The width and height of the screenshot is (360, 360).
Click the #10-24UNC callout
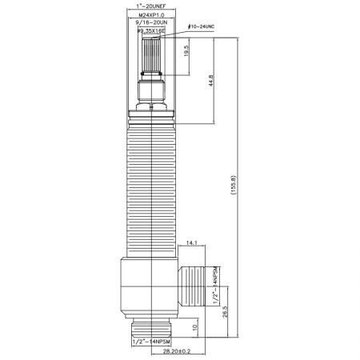(195, 28)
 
